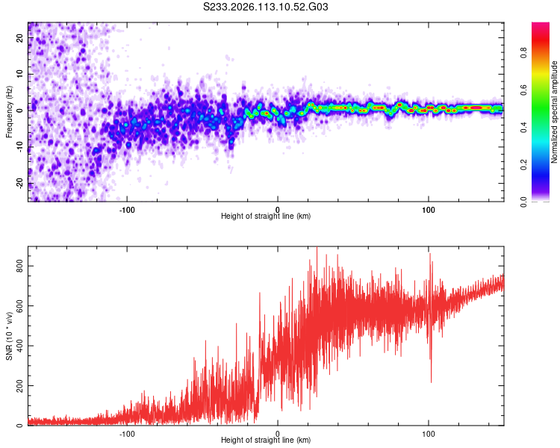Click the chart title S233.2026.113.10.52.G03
266,7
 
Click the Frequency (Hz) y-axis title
9,112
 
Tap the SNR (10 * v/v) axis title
9,337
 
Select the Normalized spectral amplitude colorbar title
555,112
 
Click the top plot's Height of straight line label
266,216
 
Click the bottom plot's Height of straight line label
266,441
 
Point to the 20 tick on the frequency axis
20,39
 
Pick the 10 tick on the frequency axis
20,75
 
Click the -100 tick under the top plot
126,208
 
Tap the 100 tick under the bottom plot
429,433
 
